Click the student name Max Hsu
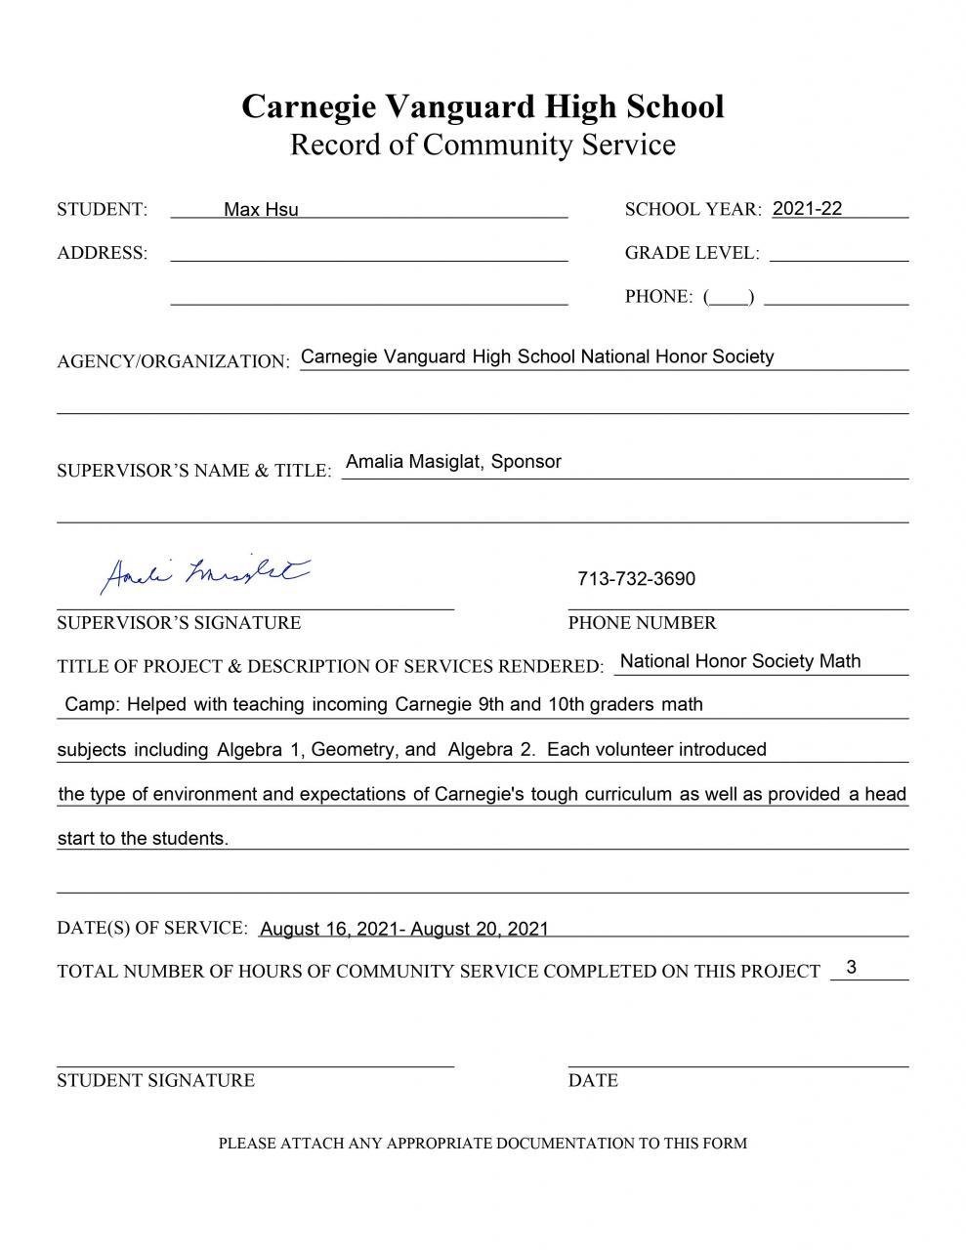pyautogui.click(x=261, y=209)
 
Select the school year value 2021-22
pyautogui.click(x=807, y=208)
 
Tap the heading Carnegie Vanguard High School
pyautogui.click(x=483, y=105)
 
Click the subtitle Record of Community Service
pyautogui.click(x=483, y=145)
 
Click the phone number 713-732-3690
pyautogui.click(x=636, y=579)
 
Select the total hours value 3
pyautogui.click(x=852, y=967)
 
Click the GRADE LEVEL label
pyautogui.click(x=692, y=253)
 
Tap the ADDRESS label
pyautogui.click(x=103, y=253)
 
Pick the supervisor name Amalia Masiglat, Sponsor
pyautogui.click(x=453, y=462)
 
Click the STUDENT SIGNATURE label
pyautogui.click(x=155, y=1080)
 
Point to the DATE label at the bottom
pyautogui.click(x=593, y=1080)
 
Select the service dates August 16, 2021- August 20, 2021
pyautogui.click(x=404, y=929)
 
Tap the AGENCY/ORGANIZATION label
pyautogui.click(x=173, y=361)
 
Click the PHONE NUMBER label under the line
pyautogui.click(x=642, y=623)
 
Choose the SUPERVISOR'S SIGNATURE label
pyautogui.click(x=179, y=623)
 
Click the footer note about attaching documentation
pyautogui.click(x=483, y=1143)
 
